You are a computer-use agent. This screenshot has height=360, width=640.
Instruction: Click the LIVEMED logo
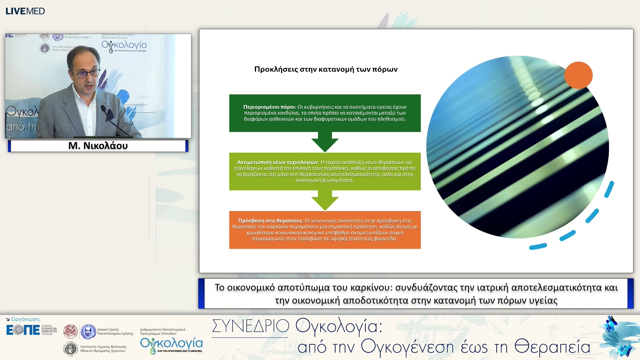pyautogui.click(x=25, y=11)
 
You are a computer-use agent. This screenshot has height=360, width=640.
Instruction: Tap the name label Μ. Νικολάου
pyautogui.click(x=98, y=146)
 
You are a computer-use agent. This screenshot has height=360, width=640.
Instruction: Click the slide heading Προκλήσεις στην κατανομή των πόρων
pyautogui.click(x=326, y=69)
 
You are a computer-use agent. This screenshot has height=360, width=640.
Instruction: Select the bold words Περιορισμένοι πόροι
pyautogui.click(x=269, y=107)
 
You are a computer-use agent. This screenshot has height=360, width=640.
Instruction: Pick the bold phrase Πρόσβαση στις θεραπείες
pyautogui.click(x=270, y=221)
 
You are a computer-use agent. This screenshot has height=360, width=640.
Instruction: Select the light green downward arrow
pyautogui.click(x=325, y=200)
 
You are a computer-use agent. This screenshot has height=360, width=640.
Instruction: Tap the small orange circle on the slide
pyautogui.click(x=578, y=75)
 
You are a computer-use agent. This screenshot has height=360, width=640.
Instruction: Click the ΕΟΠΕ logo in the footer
pyautogui.click(x=23, y=330)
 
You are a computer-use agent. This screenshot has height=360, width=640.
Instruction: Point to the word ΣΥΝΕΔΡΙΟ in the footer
pyautogui.click(x=250, y=326)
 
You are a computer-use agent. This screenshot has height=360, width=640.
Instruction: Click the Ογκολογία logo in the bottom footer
pyautogui.click(x=171, y=345)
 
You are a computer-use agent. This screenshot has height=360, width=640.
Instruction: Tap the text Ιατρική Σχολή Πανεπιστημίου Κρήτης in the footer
pyautogui.click(x=115, y=331)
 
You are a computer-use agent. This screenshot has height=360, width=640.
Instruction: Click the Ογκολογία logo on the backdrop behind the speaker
pyautogui.click(x=124, y=46)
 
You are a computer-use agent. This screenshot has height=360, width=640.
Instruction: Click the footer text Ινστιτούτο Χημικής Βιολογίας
pyautogui.click(x=103, y=347)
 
